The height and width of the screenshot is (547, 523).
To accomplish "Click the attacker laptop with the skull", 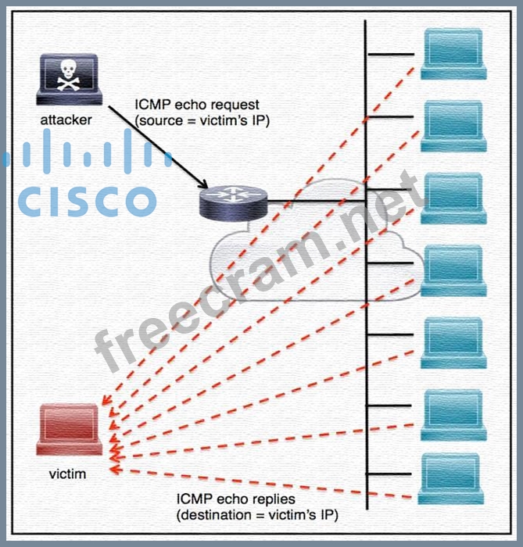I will click(69, 80).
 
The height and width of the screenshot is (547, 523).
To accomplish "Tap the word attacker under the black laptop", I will click(66, 120).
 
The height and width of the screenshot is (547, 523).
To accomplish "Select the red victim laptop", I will click(69, 429).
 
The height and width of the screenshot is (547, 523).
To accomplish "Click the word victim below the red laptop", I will click(67, 473).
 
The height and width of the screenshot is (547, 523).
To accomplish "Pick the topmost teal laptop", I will click(453, 53).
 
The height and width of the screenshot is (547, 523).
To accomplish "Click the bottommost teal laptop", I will click(451, 478).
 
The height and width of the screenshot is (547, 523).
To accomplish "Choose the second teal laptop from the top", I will click(453, 126).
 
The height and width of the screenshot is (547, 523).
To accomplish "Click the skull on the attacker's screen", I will click(69, 74).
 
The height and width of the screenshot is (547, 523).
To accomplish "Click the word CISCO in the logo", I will click(86, 200).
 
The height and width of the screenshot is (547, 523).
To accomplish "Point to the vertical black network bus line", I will click(366, 313).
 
